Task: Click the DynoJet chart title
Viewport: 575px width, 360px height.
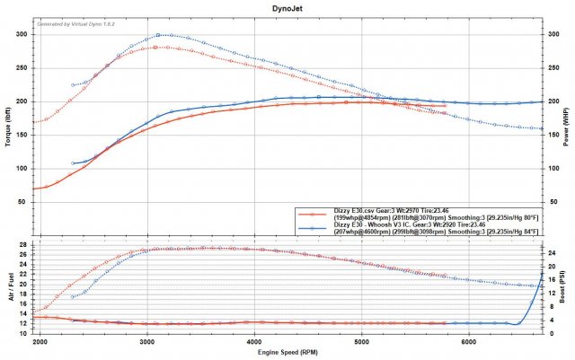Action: coord(287,6)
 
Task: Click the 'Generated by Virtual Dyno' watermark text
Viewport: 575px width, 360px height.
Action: coord(75,20)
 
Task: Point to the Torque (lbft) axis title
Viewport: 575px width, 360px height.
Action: coord(8,126)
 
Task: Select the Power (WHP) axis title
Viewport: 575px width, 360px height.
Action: coord(568,126)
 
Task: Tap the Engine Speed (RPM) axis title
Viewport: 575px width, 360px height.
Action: coord(287,355)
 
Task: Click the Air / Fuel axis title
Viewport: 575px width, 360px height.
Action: coord(8,285)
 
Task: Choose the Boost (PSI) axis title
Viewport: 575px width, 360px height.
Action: coord(568,285)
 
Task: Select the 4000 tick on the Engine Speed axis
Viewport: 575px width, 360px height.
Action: coord(254,342)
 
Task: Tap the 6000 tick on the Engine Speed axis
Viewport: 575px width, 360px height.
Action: coord(468,342)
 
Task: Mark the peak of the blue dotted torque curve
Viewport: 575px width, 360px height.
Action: coord(159,35)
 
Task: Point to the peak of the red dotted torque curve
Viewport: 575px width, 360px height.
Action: coord(156,47)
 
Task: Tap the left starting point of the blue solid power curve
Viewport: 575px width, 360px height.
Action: coord(74,163)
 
